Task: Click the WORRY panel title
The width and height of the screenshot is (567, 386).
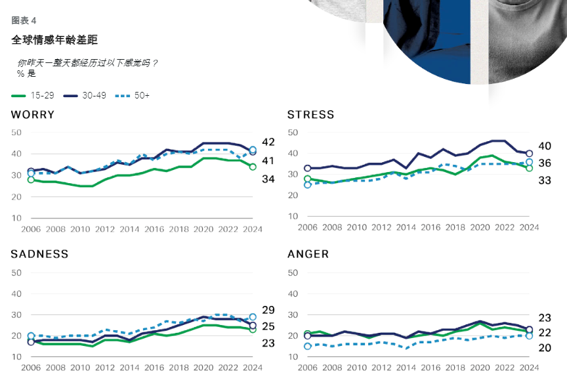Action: click(32, 115)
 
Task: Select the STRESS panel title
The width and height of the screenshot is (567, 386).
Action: click(310, 115)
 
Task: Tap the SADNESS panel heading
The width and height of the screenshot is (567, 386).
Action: click(39, 254)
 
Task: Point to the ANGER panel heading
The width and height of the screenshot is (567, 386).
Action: click(308, 254)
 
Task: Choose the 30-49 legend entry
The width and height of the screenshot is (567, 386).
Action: click(85, 96)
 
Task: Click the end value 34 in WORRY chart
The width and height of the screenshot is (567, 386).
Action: click(268, 179)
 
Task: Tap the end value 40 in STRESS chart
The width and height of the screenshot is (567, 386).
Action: click(545, 146)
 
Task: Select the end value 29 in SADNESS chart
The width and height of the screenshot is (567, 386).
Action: click(268, 310)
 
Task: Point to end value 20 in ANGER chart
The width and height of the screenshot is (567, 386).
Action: click(545, 348)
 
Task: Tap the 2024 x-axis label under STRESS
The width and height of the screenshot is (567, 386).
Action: click(529, 227)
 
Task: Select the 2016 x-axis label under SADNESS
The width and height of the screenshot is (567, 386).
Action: click(154, 368)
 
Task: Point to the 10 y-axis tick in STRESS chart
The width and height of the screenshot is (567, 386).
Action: click(293, 216)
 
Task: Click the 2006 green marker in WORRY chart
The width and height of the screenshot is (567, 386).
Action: click(31, 179)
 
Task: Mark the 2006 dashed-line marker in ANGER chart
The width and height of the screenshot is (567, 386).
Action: click(307, 346)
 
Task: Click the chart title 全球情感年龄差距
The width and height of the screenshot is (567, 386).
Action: click(54, 40)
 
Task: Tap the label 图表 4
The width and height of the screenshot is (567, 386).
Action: click(24, 20)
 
